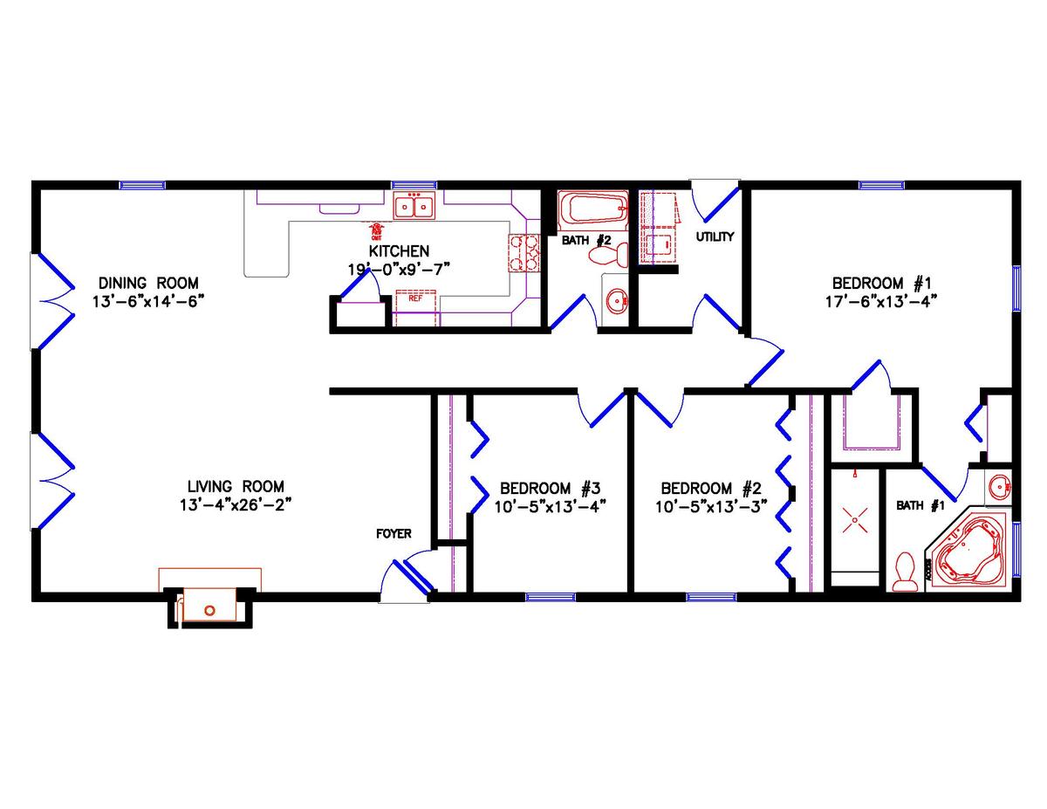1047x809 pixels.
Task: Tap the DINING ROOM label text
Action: click(x=148, y=283)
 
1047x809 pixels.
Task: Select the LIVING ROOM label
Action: click(x=236, y=486)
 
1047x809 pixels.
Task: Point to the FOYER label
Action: click(x=393, y=533)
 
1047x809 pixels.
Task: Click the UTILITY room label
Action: click(x=715, y=237)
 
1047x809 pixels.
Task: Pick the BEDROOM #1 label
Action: click(x=882, y=283)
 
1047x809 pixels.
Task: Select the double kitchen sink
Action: click(x=414, y=207)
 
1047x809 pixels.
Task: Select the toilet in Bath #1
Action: click(x=906, y=572)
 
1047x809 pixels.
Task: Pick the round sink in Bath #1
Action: click(x=999, y=486)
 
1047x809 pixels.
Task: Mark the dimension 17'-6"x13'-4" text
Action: click(x=882, y=302)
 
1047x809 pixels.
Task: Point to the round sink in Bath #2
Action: click(x=617, y=303)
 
